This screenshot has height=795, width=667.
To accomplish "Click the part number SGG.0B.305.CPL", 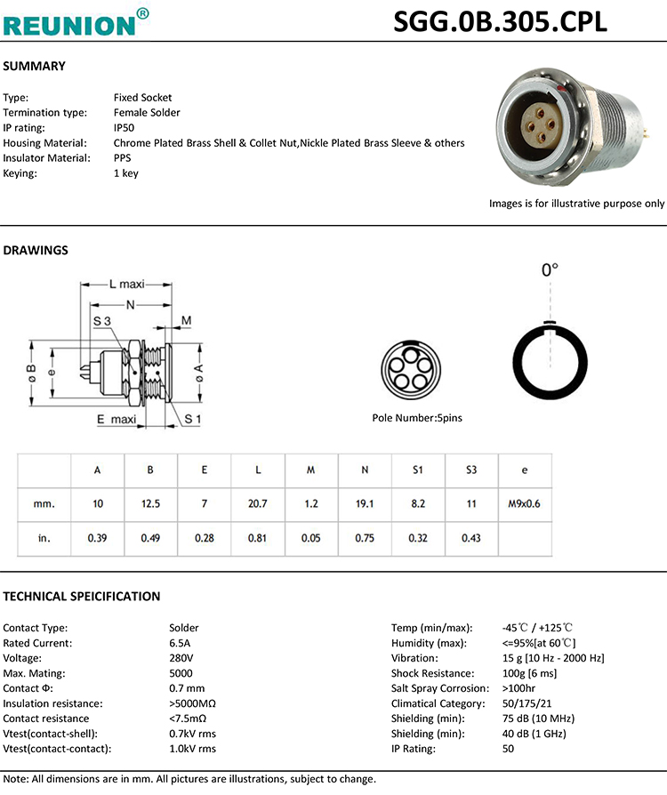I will point(500,20).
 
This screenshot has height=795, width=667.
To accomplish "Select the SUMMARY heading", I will point(35,67).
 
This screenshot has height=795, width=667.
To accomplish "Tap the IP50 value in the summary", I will point(125,128).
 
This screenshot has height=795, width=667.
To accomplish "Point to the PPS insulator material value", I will point(123,158).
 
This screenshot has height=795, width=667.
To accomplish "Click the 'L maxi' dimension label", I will point(125,285).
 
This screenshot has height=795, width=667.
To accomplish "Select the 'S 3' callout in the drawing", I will point(100,320).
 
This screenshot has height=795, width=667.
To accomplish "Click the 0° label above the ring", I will point(550,269).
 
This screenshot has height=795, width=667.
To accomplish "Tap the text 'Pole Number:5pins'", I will point(416,418).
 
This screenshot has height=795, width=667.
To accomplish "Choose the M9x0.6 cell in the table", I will point(525,503).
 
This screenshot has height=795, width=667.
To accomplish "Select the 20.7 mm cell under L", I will point(258,503).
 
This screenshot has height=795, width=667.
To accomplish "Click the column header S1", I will point(418,469).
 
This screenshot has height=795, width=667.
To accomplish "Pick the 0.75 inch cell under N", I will point(365,538).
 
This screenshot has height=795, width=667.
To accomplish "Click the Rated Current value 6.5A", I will point(180,643).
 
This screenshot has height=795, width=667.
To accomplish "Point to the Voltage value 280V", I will point(181,658).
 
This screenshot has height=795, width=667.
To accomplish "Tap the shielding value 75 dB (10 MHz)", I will point(538,719).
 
